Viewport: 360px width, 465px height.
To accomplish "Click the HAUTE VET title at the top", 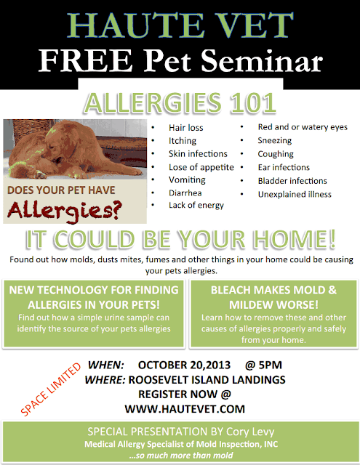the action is click(x=180, y=25).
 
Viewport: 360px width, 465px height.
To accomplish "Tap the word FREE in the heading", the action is click(x=86, y=60).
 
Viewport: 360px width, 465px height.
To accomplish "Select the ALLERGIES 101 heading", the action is click(x=180, y=103).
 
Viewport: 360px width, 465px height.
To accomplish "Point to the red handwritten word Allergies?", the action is click(x=65, y=210).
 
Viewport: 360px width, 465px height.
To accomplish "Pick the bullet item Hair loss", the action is click(x=185, y=128).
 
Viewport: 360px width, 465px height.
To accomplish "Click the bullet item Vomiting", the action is click(x=187, y=180).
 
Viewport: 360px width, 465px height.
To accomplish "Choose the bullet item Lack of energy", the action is click(x=196, y=205).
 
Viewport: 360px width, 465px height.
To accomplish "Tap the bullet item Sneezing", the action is click(x=274, y=140).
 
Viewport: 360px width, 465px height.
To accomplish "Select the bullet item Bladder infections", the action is click(x=292, y=181).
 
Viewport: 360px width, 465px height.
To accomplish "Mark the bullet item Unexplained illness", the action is click(x=295, y=194).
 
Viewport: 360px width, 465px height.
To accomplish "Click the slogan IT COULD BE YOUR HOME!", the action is click(x=181, y=239).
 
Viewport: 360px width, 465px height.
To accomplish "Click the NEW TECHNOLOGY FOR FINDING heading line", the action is click(x=94, y=290).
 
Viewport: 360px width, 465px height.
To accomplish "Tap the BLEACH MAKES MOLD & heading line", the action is click(x=273, y=290).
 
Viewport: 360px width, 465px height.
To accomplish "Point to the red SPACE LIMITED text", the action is click(x=50, y=389).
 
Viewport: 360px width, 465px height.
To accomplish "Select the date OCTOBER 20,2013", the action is click(x=184, y=365).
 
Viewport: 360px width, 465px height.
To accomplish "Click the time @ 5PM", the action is click(x=263, y=365).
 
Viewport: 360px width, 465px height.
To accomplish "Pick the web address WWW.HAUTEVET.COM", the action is click(x=185, y=409).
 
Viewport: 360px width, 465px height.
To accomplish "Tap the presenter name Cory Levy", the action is click(x=250, y=432).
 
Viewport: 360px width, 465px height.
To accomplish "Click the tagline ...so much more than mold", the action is click(x=181, y=456).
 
